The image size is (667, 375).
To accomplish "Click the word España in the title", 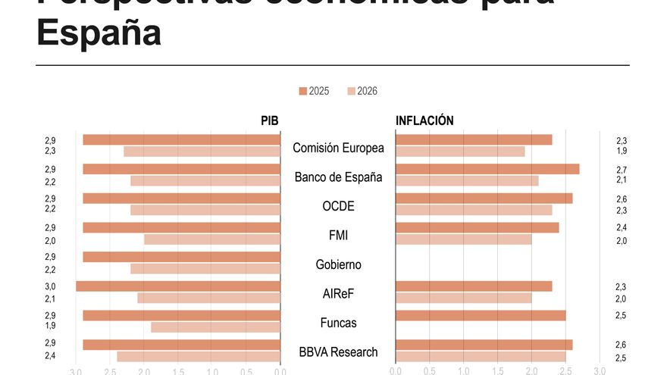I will click(x=99, y=33).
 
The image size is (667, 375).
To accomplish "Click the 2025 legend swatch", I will click(x=303, y=91).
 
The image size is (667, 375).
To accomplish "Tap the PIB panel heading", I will click(x=270, y=120).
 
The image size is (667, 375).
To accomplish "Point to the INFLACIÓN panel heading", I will click(x=424, y=120).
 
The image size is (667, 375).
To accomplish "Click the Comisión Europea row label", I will click(x=338, y=148).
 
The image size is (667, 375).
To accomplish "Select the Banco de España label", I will click(x=338, y=177).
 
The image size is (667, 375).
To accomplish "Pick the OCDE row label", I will click(x=338, y=206).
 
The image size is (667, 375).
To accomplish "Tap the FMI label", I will click(x=338, y=236).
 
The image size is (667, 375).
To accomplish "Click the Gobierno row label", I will click(x=338, y=265).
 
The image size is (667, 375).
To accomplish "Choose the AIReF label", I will click(x=338, y=294).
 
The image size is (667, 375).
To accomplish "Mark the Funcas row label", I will click(x=338, y=323).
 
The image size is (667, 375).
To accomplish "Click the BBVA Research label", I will click(x=338, y=352).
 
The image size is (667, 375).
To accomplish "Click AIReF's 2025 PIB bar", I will click(x=178, y=286).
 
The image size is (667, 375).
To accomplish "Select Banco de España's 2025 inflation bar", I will click(x=487, y=169).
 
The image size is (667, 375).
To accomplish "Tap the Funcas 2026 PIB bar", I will click(x=215, y=327).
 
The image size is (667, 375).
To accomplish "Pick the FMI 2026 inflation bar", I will click(x=463, y=239).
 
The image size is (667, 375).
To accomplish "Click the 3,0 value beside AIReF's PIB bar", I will click(x=50, y=286).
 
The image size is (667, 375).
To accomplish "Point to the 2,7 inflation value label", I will click(x=622, y=170).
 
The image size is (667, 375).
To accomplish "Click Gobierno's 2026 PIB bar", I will click(x=205, y=269).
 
